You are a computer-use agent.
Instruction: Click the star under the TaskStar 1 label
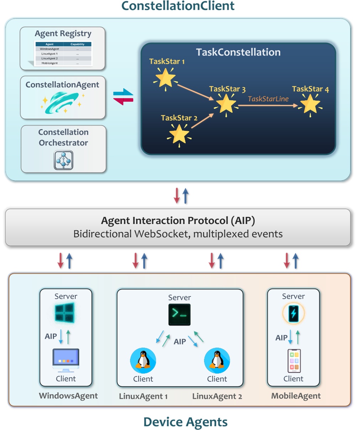pos(165,79)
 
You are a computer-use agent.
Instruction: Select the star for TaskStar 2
pos(179,134)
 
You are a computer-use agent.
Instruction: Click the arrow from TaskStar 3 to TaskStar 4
pos(268,106)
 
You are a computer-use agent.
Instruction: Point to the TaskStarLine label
pos(268,99)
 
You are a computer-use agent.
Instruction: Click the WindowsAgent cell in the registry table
pos(49,49)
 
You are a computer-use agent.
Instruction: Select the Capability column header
pos(77,44)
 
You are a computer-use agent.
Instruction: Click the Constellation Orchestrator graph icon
pos(64,160)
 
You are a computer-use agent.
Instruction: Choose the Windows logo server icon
pos(64,312)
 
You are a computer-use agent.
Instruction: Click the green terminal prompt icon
pos(179,315)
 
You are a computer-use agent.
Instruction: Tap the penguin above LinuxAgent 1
pos(143,360)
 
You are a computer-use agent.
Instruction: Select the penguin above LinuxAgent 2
pos(217,360)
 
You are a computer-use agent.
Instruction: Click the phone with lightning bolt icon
pos(293,313)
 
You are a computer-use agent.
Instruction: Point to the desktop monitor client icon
pos(66,360)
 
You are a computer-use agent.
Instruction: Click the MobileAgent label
pos(296,396)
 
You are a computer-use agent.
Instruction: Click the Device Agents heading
pos(185,422)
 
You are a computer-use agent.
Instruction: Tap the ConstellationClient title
pos(178,6)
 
